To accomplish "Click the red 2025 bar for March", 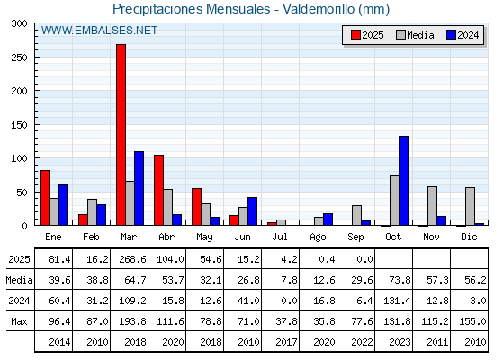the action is [x=121, y=135].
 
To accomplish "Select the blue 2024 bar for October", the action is [x=404, y=181].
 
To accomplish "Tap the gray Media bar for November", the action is [x=432, y=206].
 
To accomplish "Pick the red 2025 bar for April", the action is [x=158, y=190].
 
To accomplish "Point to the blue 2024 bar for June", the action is [x=253, y=211].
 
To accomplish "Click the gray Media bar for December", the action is [x=470, y=206].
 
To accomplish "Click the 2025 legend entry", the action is [x=367, y=35].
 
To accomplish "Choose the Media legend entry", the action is [x=415, y=35].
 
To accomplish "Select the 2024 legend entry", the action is [x=463, y=35].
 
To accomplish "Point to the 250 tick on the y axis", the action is [x=20, y=58].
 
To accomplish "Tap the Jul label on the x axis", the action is [x=280, y=238].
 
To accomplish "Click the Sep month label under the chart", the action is [x=355, y=238].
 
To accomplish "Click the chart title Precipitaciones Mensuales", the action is [x=191, y=9].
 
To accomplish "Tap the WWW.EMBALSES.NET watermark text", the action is [x=99, y=31].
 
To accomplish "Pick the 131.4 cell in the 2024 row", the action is [x=397, y=301].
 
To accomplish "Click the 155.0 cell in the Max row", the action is [x=472, y=321].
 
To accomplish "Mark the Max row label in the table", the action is [x=19, y=321].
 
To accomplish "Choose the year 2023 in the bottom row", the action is [x=400, y=342].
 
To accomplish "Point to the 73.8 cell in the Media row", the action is [x=400, y=280].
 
